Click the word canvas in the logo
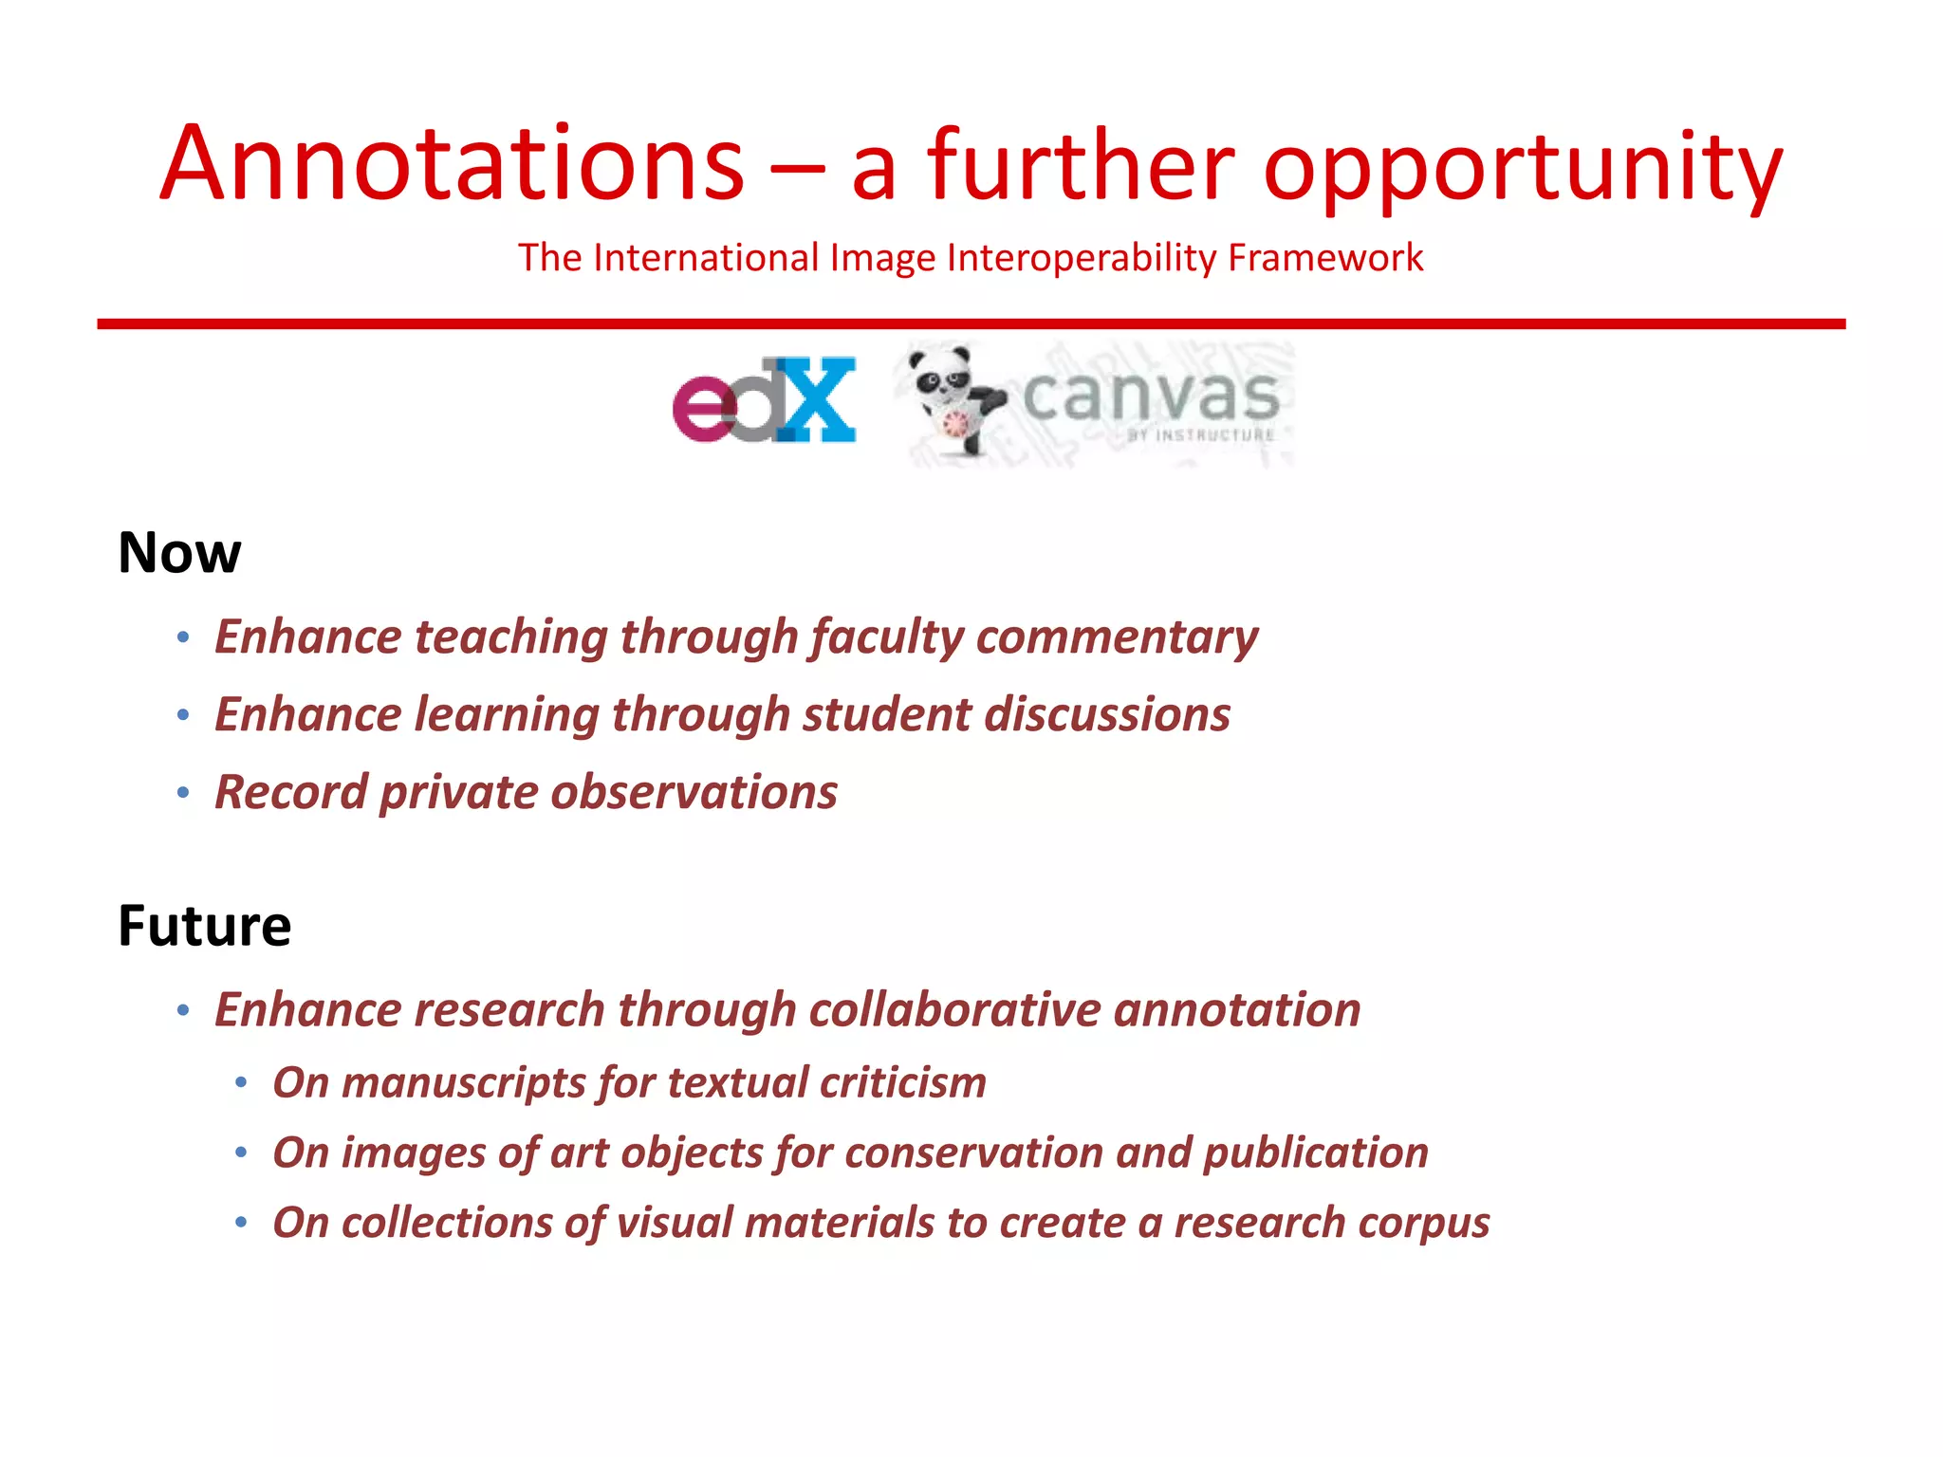tap(1151, 396)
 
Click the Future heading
tap(204, 926)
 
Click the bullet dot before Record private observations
tap(183, 792)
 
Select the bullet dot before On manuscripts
tap(241, 1082)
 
